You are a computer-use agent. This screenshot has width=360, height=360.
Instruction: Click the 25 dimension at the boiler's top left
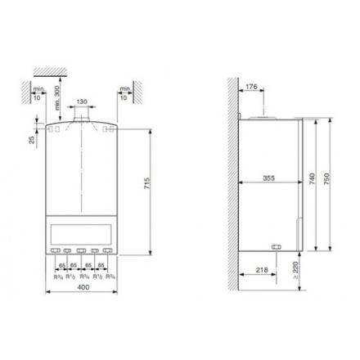point(31,141)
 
